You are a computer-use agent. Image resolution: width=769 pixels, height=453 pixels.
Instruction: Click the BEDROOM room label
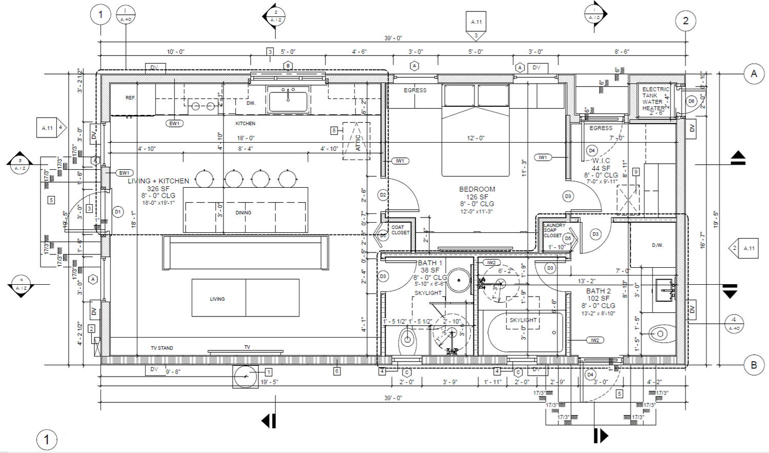477,189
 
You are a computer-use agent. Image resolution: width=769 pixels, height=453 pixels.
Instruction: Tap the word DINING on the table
244,212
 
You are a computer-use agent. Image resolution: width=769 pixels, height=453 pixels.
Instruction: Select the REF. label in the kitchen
131,97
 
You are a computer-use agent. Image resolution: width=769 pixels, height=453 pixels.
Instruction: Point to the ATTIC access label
358,143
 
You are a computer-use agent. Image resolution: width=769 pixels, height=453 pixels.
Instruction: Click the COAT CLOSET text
400,230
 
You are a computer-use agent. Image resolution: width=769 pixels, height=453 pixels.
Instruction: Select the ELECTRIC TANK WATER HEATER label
655,99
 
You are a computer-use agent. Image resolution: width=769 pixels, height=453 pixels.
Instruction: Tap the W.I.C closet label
601,161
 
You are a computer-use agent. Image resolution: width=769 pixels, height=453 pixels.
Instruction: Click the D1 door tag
117,211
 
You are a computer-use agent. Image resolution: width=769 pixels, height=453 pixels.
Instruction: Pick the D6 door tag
691,101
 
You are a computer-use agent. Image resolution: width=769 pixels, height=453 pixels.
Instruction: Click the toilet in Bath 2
659,334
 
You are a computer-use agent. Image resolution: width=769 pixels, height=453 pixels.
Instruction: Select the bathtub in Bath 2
525,332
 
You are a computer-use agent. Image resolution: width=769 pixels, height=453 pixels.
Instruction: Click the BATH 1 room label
430,263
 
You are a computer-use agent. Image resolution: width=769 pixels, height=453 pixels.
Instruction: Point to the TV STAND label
161,348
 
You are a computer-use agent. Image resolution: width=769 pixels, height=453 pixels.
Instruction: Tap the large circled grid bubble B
754,365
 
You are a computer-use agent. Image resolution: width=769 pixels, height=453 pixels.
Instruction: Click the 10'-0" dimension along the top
175,52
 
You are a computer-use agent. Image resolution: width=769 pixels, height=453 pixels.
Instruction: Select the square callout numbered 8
334,131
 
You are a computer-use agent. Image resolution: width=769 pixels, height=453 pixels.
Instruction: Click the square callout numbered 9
636,171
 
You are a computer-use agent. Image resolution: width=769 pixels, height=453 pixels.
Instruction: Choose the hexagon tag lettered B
288,66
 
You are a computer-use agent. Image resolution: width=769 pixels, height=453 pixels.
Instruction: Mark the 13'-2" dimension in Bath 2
586,281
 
